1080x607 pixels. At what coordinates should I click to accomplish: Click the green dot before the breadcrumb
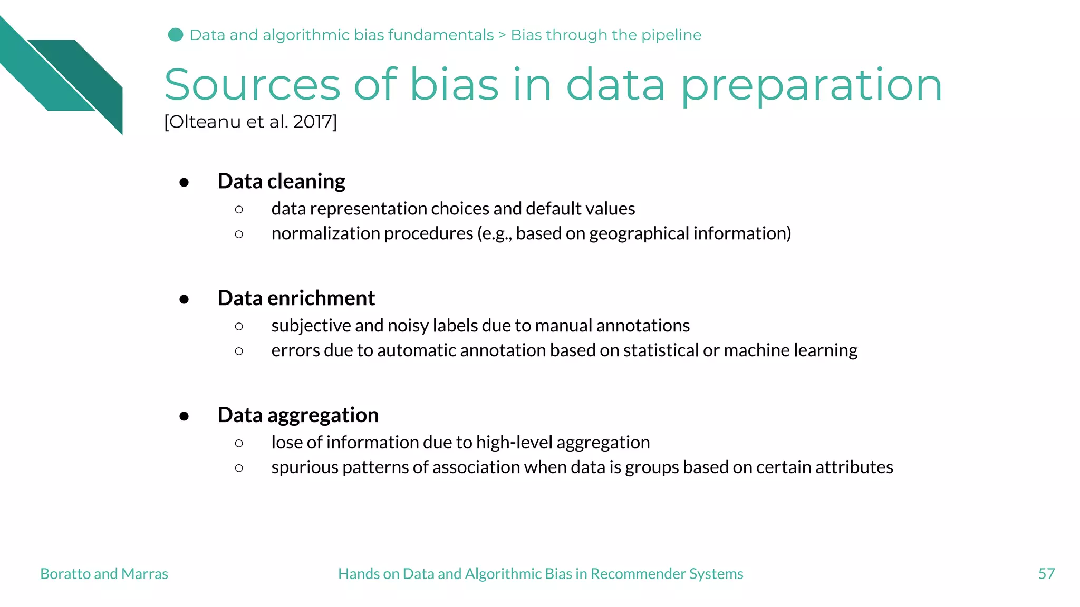click(175, 35)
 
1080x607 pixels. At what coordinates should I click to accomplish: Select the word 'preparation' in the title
click(811, 85)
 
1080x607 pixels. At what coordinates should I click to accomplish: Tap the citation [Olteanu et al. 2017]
click(250, 122)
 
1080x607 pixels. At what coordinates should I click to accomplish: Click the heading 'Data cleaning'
click(281, 181)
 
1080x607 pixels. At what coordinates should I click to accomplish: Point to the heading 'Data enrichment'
click(296, 298)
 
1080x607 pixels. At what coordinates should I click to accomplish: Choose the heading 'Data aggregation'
click(298, 415)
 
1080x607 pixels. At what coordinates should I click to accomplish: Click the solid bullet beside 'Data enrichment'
click(184, 299)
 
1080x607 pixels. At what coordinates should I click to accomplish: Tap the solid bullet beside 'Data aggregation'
click(184, 416)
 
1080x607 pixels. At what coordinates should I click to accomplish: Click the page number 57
click(1046, 574)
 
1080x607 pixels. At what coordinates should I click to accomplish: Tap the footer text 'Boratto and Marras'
click(104, 574)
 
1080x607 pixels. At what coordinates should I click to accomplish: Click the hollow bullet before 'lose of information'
click(239, 444)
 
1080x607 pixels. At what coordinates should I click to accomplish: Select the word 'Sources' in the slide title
click(252, 85)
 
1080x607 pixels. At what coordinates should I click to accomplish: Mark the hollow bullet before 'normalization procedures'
click(239, 234)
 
